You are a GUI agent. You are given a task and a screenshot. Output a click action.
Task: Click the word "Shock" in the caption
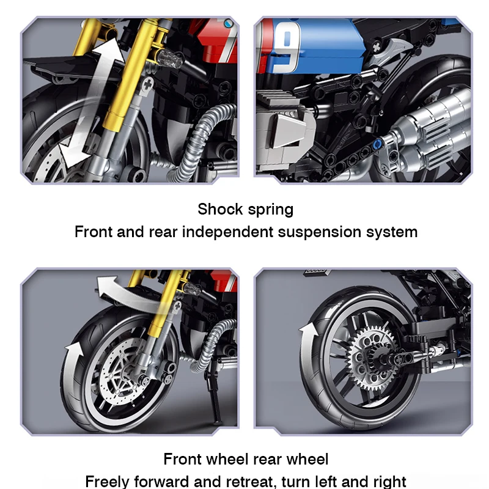(x=220, y=209)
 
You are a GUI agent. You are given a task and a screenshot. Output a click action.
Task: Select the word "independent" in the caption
(x=227, y=232)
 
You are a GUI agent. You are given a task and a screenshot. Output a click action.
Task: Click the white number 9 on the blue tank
(x=286, y=47)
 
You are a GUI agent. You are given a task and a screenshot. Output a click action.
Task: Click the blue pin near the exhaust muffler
(x=377, y=144)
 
